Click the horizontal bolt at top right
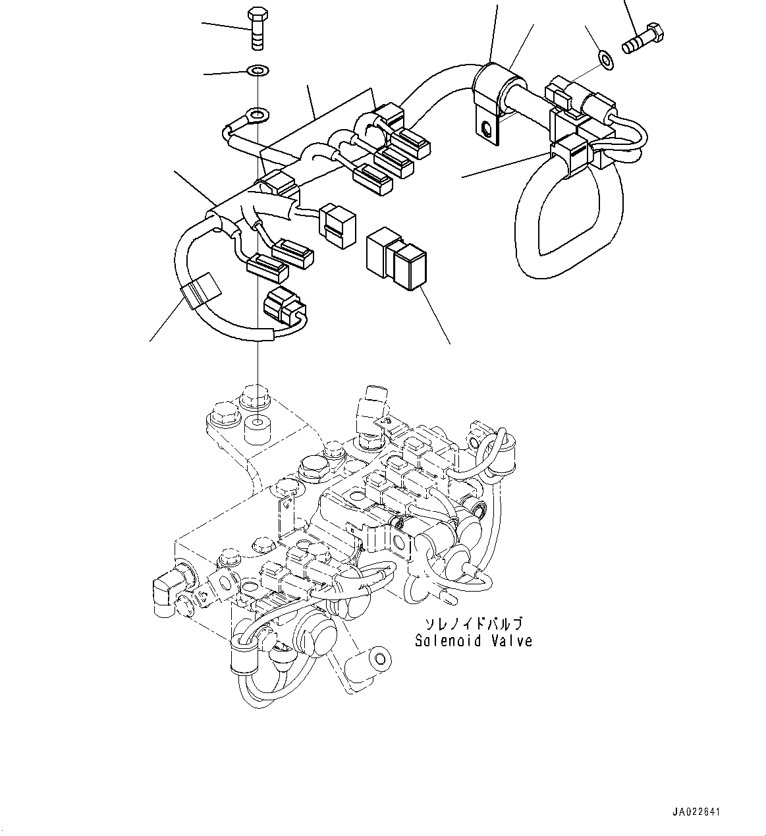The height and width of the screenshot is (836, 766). click(x=643, y=40)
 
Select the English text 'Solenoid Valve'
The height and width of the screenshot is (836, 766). click(x=473, y=640)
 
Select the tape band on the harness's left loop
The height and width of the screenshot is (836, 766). click(x=200, y=291)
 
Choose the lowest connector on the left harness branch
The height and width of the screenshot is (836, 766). click(x=283, y=306)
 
